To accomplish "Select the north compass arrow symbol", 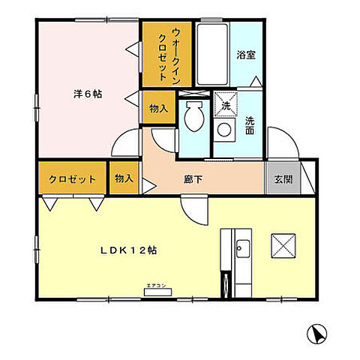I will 316,335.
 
